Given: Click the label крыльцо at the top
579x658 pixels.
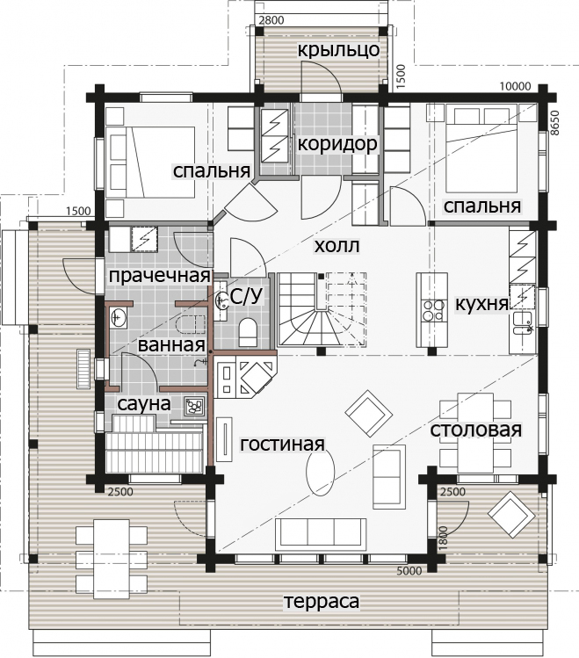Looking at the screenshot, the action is click(338, 50).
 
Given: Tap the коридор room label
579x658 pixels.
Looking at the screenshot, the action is click(337, 144).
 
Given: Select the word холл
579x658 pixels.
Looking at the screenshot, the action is click(337, 246).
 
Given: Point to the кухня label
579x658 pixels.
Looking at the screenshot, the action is click(481, 303).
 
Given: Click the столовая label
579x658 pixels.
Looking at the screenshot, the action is click(476, 430).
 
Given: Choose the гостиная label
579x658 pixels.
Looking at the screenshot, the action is click(282, 444).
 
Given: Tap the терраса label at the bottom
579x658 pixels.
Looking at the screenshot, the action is click(322, 601).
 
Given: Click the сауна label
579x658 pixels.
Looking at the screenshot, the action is click(144, 404).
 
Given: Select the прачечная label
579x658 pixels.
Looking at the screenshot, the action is click(159, 276).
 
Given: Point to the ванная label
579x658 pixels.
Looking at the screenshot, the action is click(171, 345).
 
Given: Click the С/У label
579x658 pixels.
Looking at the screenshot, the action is click(247, 296).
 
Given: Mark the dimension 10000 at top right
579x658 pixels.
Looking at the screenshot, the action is click(515, 86).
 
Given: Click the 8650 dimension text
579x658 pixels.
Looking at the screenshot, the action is click(554, 122).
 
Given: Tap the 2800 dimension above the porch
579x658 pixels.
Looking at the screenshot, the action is click(271, 20).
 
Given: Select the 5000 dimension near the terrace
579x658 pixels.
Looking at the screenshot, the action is click(409, 571).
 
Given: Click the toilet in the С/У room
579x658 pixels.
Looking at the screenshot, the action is click(248, 331).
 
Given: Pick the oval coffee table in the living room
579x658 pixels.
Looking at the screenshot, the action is click(321, 471).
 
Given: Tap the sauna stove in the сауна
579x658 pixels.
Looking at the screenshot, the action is click(194, 406).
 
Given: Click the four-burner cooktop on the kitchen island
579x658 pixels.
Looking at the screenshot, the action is click(433, 310).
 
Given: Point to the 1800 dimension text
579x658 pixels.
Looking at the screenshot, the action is click(444, 538).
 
